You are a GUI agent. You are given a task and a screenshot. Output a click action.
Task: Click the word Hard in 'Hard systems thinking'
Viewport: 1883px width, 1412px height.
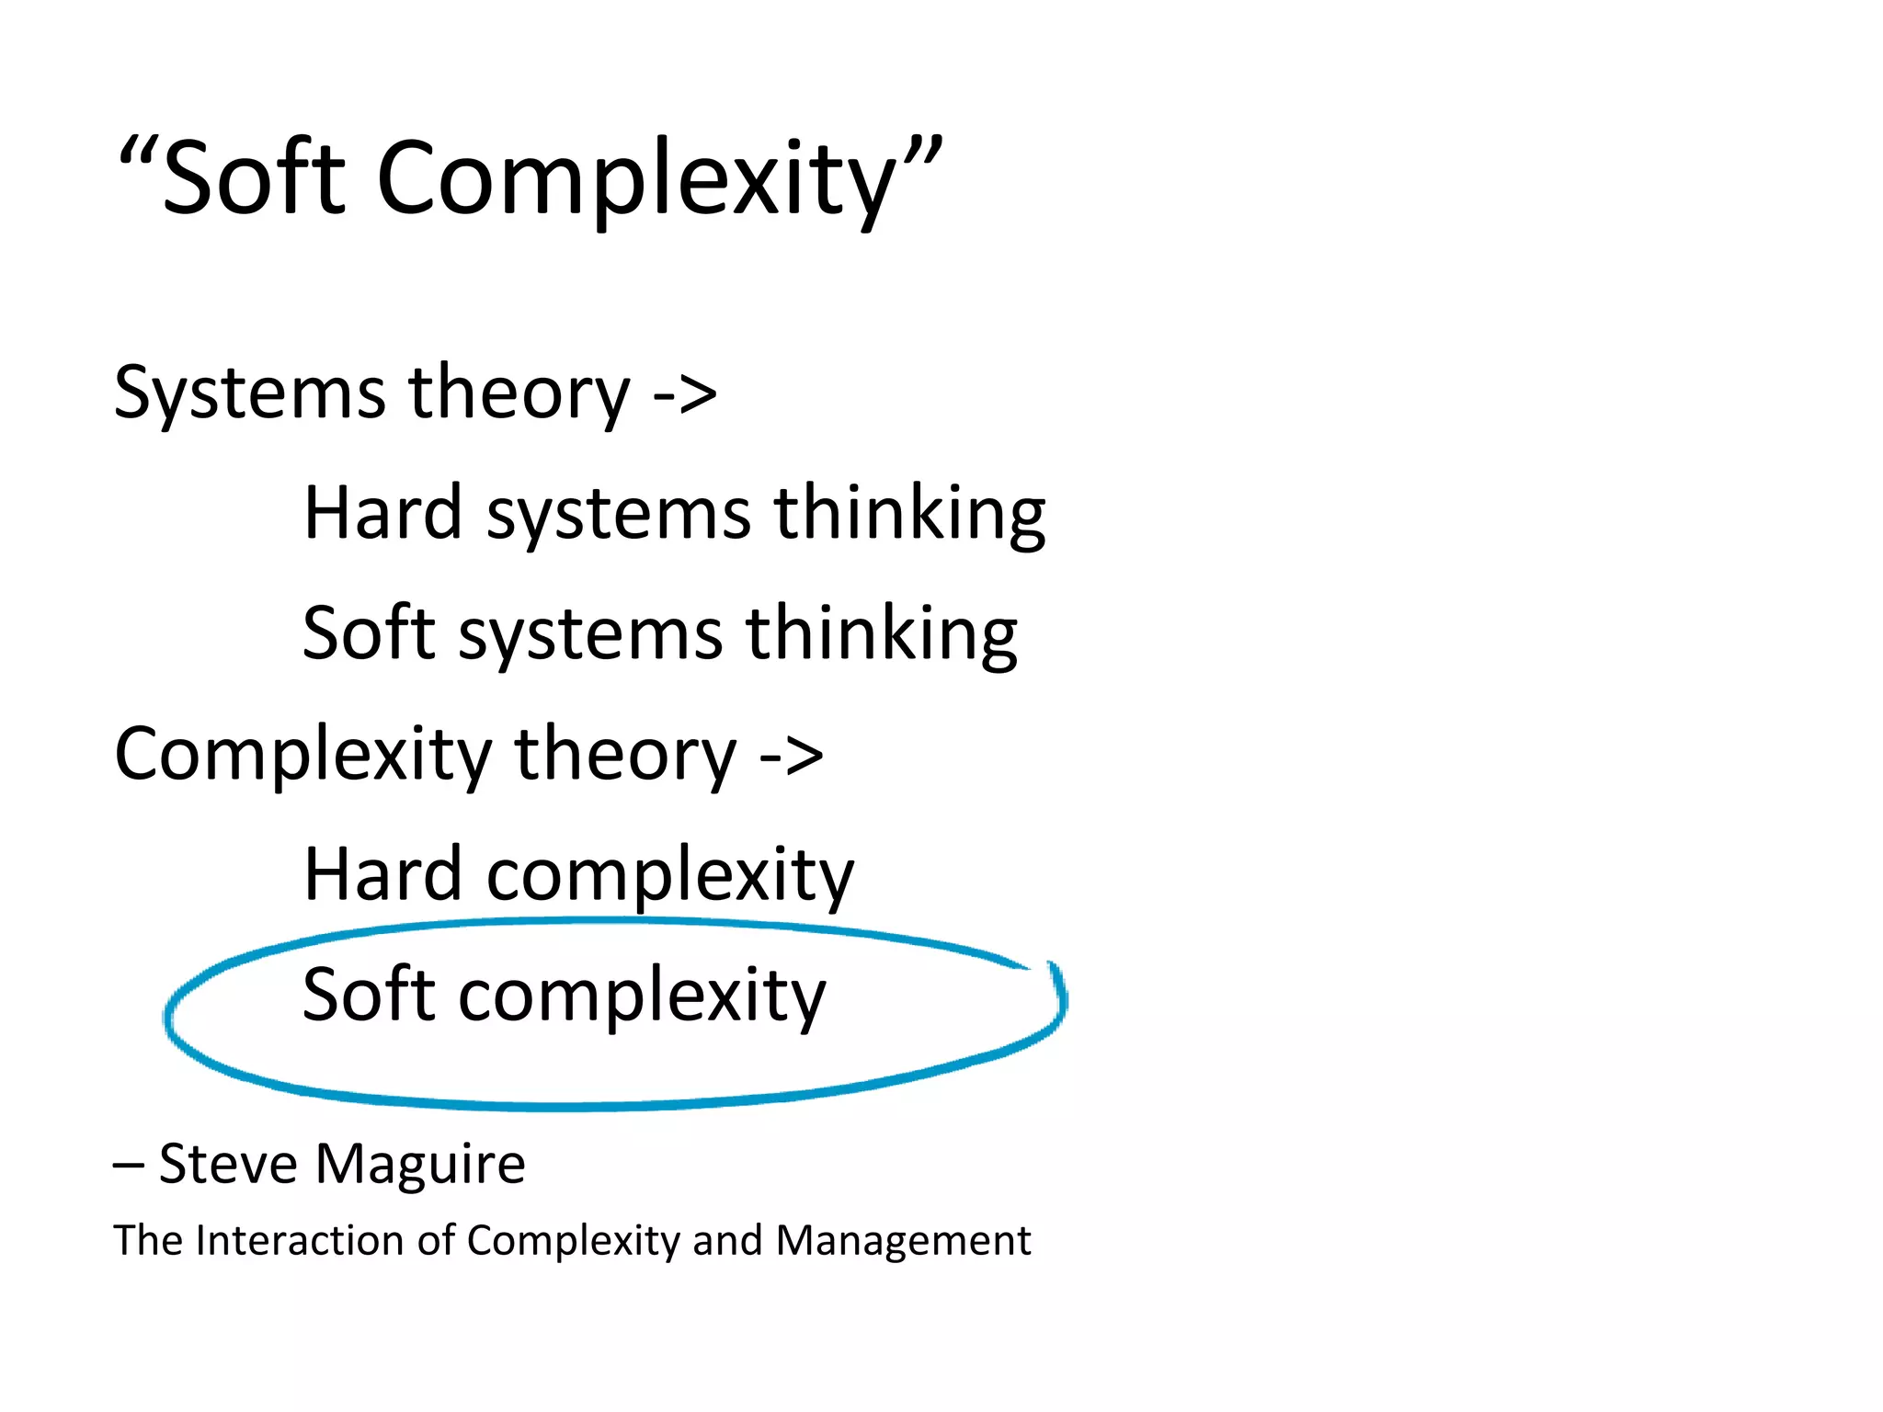(x=382, y=512)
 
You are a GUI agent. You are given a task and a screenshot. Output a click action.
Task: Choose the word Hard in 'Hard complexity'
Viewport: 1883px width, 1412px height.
(x=382, y=874)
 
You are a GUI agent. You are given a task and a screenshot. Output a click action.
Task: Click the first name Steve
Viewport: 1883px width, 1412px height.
(x=228, y=1164)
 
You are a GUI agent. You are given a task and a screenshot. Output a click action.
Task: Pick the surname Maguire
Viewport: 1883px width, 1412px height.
(x=420, y=1166)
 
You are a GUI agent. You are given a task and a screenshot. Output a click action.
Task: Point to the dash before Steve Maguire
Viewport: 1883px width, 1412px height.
(x=128, y=1166)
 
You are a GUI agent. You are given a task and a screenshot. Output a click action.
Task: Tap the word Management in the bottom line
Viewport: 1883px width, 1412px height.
(x=903, y=1241)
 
